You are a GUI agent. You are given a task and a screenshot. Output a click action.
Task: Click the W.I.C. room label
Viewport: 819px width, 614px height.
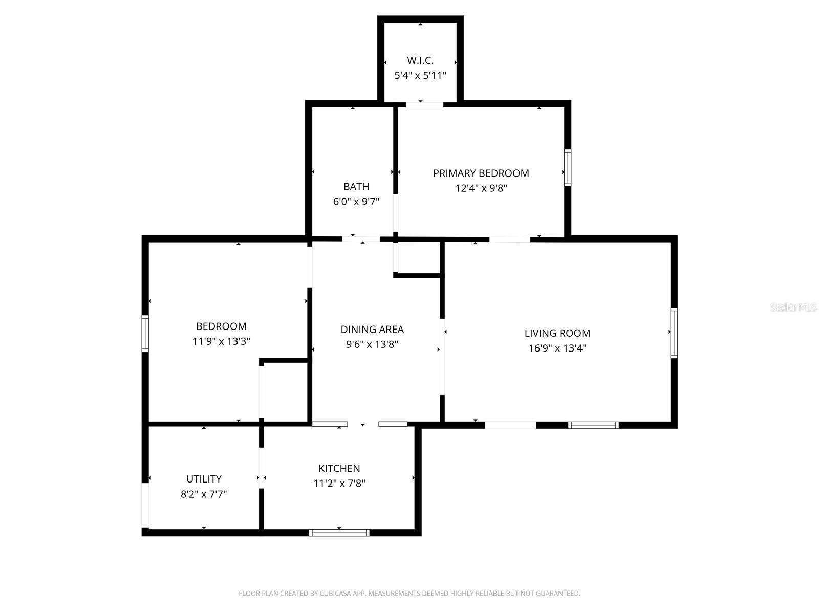(420, 60)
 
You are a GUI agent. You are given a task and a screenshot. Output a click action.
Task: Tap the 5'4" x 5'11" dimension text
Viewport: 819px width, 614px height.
(420, 76)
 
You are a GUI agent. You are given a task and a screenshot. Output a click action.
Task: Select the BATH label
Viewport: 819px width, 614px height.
(356, 187)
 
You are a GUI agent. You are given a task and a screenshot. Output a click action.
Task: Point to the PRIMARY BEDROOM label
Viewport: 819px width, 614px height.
(481, 173)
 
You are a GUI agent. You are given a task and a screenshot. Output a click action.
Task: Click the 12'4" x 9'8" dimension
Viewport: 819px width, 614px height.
(481, 188)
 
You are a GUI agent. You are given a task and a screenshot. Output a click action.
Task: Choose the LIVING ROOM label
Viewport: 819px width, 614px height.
(557, 333)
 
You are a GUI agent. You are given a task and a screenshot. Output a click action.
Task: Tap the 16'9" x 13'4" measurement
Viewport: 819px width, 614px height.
(557, 348)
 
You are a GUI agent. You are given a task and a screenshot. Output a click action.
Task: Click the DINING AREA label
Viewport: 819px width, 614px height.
(372, 330)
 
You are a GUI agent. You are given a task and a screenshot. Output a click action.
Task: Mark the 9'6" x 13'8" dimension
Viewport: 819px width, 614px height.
(372, 344)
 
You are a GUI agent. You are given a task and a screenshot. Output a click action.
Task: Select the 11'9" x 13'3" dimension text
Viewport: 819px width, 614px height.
(221, 341)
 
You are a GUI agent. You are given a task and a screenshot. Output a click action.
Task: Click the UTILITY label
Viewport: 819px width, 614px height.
(204, 479)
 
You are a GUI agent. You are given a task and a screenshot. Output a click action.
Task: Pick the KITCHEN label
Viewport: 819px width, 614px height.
(339, 468)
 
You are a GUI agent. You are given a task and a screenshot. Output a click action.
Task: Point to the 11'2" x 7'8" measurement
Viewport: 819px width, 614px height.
(339, 483)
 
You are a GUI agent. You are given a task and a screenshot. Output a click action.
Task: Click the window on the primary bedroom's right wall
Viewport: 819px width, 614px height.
(568, 167)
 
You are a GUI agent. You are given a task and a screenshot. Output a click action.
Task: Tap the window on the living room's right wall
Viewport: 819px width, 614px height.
(674, 333)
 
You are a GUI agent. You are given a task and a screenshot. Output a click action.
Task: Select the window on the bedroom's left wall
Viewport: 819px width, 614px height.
(145, 334)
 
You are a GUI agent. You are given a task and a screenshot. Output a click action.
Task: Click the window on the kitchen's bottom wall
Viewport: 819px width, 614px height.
(339, 533)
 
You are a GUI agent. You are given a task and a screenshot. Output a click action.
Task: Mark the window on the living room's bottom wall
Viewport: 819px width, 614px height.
(594, 425)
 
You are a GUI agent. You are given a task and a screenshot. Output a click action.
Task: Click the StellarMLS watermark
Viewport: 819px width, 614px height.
(794, 308)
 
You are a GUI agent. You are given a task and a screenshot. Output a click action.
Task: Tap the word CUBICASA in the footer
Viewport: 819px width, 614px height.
(335, 594)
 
